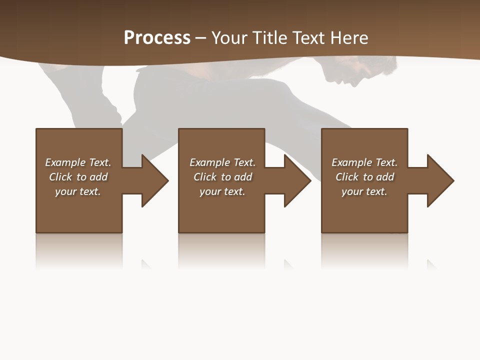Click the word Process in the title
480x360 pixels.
click(x=157, y=38)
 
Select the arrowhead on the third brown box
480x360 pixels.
click(x=439, y=180)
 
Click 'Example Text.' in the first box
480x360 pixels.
click(x=78, y=162)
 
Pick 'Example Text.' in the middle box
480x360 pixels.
click(x=222, y=162)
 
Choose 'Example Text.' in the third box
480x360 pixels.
click(x=364, y=162)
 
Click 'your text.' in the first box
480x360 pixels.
click(x=78, y=191)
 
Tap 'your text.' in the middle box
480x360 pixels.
click(x=222, y=191)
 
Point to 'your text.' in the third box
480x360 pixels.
click(x=364, y=191)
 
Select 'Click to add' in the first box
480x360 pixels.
click(x=78, y=177)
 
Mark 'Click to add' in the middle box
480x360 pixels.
click(x=222, y=177)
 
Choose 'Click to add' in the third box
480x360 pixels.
click(x=364, y=177)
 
